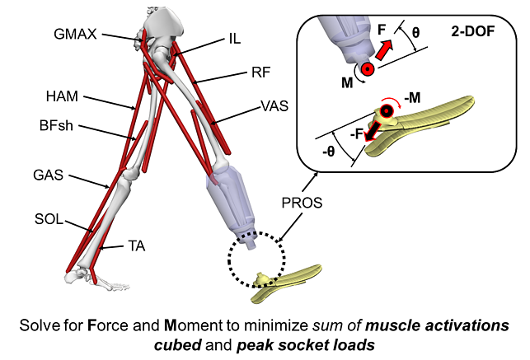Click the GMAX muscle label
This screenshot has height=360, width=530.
click(75, 35)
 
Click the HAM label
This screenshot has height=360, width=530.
click(63, 97)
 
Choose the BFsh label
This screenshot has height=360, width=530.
click(58, 127)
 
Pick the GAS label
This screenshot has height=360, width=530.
click(50, 175)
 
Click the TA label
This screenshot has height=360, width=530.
click(138, 245)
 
